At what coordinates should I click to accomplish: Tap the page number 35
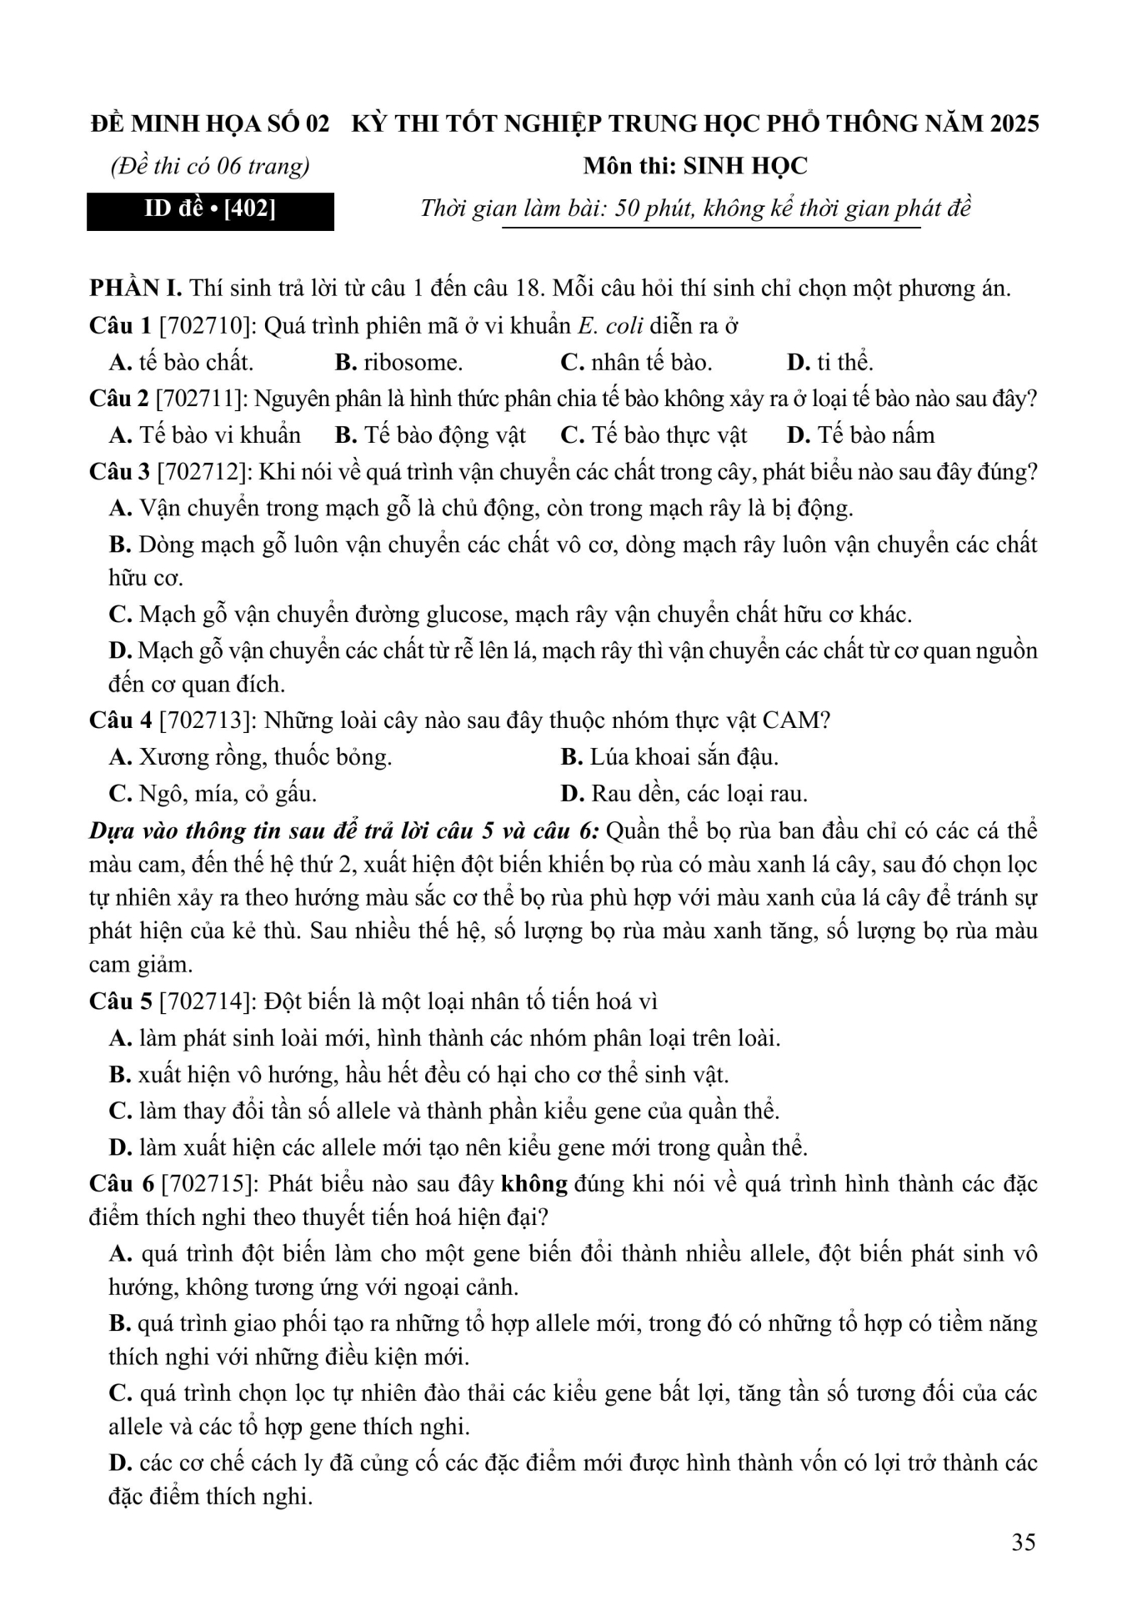click(x=1024, y=1542)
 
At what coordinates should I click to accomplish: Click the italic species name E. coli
click(x=610, y=325)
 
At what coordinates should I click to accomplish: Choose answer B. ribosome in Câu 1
click(x=398, y=362)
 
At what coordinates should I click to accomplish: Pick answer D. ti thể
click(x=830, y=362)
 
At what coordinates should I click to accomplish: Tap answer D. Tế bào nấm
click(x=861, y=434)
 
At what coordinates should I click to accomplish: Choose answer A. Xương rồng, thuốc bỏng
click(x=251, y=756)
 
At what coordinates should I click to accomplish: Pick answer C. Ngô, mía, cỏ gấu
click(x=213, y=793)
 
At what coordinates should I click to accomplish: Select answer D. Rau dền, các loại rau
click(x=684, y=793)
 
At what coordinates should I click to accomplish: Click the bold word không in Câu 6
click(x=534, y=1183)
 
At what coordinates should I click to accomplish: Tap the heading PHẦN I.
click(x=135, y=289)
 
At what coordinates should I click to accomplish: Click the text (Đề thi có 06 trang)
click(x=210, y=166)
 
